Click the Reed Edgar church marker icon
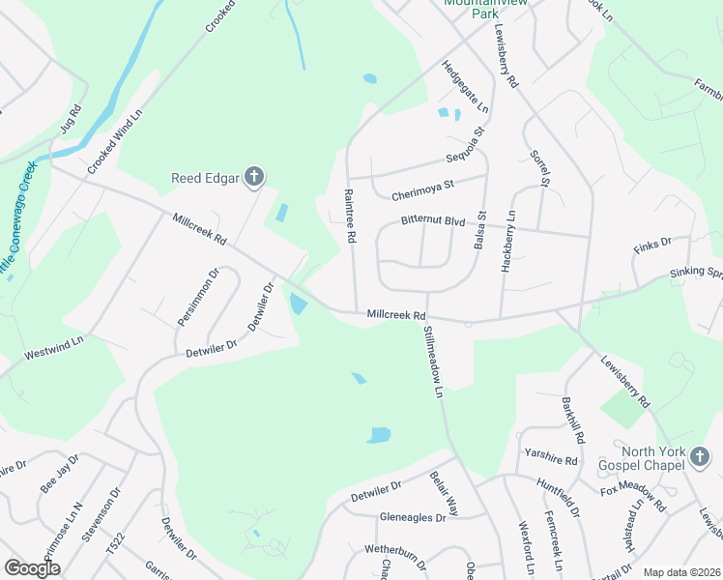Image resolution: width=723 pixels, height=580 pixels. [x=253, y=176]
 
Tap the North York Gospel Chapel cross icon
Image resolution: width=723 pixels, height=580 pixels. [x=700, y=462]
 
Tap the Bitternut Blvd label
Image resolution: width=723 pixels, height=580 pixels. [x=434, y=221]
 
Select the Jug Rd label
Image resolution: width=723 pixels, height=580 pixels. [x=69, y=119]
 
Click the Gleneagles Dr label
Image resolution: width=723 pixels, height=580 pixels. [x=413, y=517]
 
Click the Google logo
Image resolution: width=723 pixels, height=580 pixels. [x=31, y=567]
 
